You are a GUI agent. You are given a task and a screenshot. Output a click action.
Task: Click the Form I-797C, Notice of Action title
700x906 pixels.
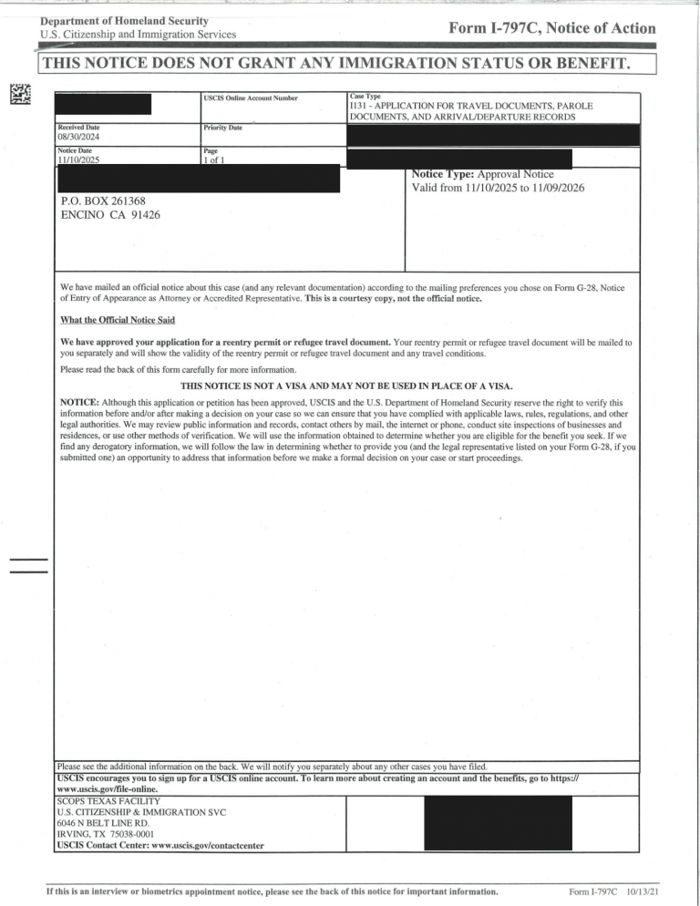(551, 28)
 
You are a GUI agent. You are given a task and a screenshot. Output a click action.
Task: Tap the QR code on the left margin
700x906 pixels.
(20, 93)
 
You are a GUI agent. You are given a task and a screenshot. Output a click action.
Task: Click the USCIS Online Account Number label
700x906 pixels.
(250, 98)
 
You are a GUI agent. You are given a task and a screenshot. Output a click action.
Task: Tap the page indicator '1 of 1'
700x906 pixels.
(219, 160)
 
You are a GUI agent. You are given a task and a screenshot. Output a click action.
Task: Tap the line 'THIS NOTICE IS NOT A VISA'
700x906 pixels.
(345, 386)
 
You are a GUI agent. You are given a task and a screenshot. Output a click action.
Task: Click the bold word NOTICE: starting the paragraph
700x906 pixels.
(79, 402)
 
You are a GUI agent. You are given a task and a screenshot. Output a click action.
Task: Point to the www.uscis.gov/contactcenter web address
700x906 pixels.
(199, 845)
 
